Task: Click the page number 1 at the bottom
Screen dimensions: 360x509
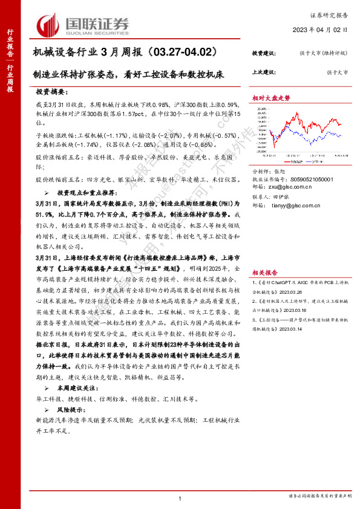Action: [x=180, y=497]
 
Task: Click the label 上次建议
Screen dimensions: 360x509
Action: [x=264, y=71]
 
